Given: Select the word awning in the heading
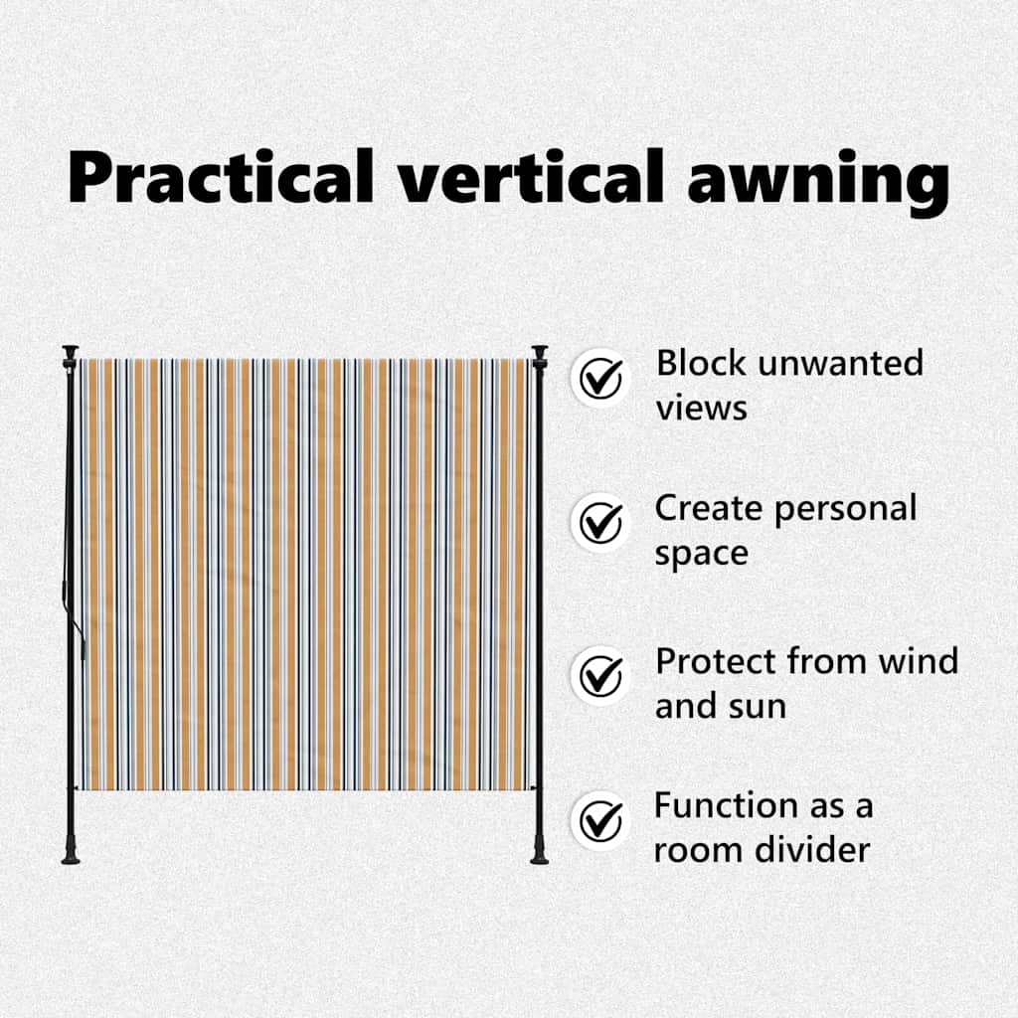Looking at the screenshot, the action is tap(819, 183).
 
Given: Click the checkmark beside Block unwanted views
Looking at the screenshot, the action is tap(600, 378).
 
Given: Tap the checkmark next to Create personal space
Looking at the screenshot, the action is tap(600, 523).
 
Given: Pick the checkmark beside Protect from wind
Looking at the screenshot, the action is tap(600, 675).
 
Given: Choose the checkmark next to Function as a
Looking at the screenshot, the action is tap(600, 820).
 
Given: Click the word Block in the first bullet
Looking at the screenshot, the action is tap(701, 362).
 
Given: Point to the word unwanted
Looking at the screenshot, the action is tap(840, 364).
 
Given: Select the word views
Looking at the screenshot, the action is tap(701, 409).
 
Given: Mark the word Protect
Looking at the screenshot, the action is tap(716, 661).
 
